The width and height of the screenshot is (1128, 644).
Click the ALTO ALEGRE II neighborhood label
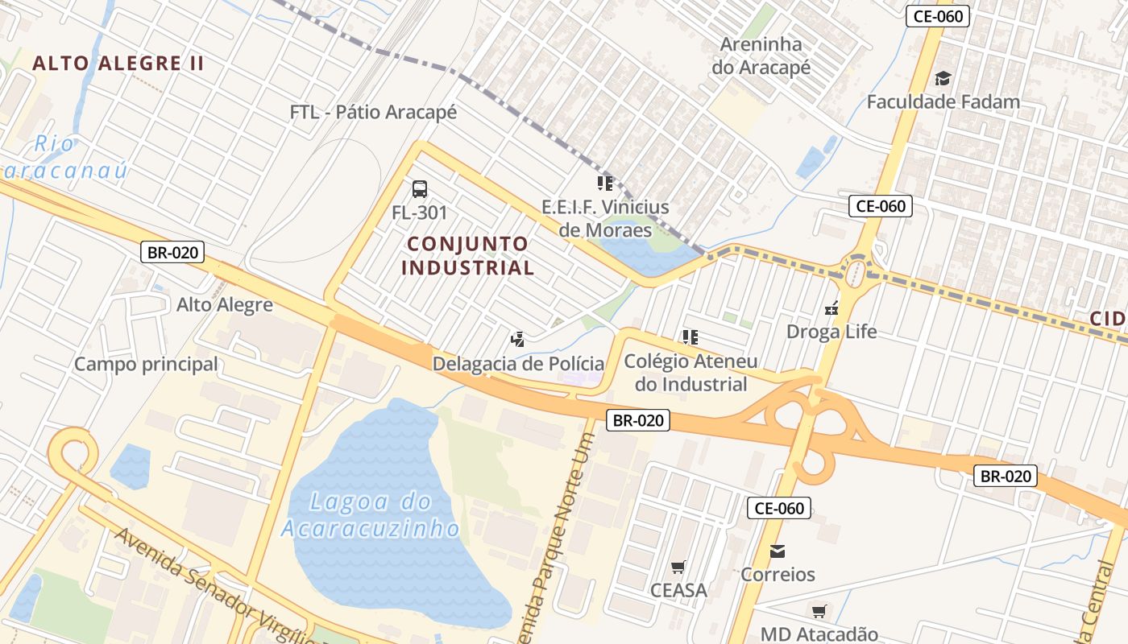118,64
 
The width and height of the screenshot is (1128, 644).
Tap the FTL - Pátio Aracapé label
373,112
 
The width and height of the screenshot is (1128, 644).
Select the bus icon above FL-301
420,189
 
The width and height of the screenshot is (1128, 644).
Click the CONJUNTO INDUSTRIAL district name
468,255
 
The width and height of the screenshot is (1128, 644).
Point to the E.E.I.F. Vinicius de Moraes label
605,218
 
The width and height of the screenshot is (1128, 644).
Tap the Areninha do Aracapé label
761,56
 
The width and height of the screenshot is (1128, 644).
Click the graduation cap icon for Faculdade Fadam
943,78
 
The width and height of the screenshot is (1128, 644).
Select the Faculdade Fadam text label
943,102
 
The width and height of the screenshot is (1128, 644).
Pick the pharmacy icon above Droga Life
831,308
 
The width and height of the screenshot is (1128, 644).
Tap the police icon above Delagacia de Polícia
518,339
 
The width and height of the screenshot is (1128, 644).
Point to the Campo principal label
146,364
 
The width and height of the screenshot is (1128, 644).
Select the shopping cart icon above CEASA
678,568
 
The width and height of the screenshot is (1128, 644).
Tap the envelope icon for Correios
778,551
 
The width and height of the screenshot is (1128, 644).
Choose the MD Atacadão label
819,634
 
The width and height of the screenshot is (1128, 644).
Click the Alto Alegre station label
225,305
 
